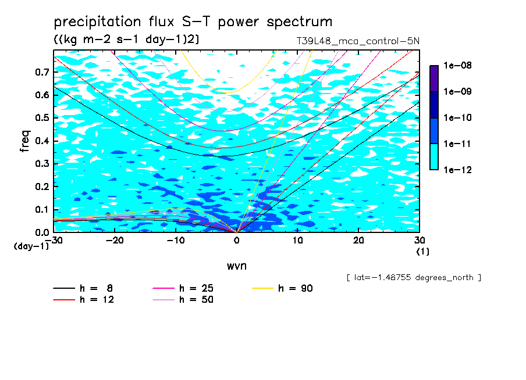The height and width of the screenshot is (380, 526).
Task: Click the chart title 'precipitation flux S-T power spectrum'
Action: [x=193, y=22]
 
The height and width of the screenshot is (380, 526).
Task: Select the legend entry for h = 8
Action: [x=83, y=288]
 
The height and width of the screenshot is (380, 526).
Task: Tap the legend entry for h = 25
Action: [x=183, y=288]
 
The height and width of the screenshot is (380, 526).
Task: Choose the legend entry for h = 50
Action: [x=183, y=300]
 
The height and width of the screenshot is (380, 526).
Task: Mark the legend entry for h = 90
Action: [x=282, y=288]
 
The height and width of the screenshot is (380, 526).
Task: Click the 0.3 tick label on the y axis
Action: [x=42, y=163]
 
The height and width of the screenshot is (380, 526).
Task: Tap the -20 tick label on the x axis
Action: [x=115, y=241]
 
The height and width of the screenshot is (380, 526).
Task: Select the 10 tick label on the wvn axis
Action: [x=297, y=241]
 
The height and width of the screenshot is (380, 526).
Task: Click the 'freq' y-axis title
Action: [x=25, y=141]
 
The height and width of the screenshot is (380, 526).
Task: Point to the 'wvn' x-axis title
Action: [x=236, y=266]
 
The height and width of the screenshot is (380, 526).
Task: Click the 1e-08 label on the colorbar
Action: [x=457, y=65]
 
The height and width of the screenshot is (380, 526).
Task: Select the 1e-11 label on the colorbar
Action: [x=457, y=144]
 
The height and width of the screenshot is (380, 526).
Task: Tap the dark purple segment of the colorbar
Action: [x=434, y=79]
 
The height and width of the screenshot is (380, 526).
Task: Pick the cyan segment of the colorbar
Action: [x=434, y=157]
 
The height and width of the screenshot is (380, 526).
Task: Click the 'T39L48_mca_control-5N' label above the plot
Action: [x=358, y=41]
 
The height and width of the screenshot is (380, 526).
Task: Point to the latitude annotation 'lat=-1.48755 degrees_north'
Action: [x=414, y=278]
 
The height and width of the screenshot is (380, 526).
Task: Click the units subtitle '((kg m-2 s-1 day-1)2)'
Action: [x=126, y=40]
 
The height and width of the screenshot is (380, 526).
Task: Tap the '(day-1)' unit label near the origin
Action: [x=31, y=246]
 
